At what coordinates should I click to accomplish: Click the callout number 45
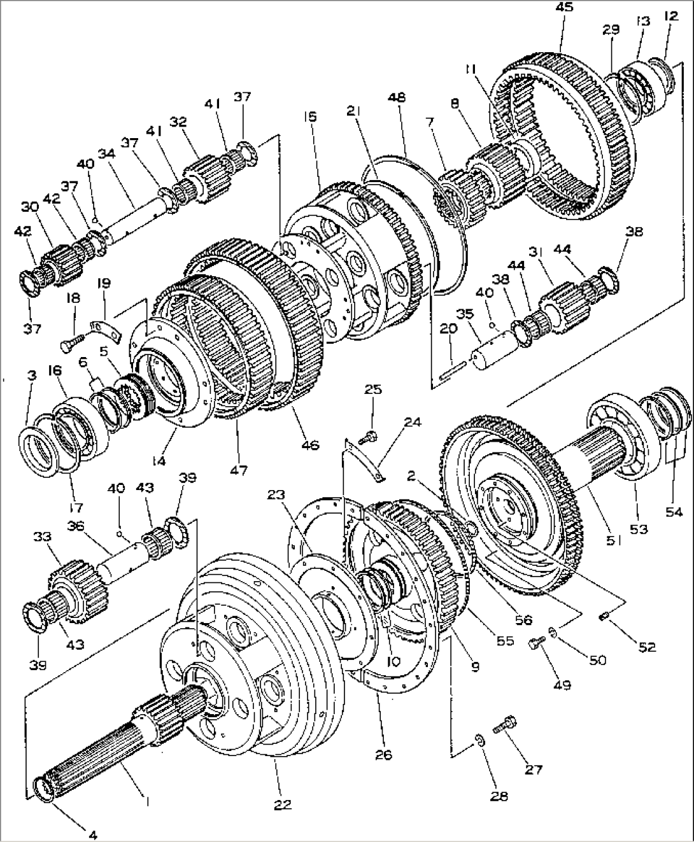tap(563, 8)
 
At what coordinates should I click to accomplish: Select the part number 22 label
tap(283, 804)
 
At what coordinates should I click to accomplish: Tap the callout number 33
tap(42, 537)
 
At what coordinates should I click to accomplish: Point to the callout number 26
tap(383, 755)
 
